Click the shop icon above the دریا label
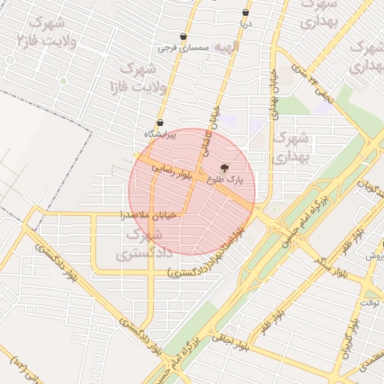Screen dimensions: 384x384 coord(246,13)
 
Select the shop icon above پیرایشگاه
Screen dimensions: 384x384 coord(160,123)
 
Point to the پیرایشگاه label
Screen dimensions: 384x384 coord(160,134)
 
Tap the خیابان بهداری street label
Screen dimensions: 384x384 coord(274,94)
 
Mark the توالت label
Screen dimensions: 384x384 coord(371,302)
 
